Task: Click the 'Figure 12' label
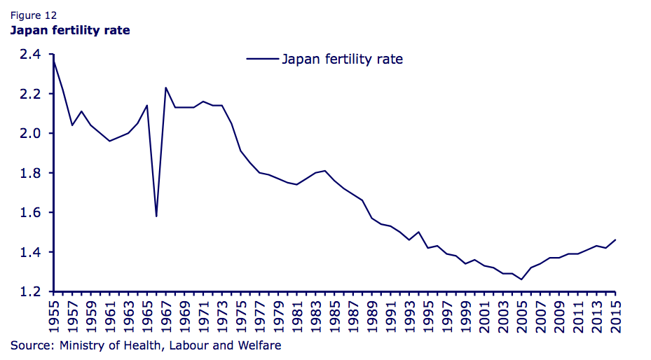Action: pyautogui.click(x=33, y=15)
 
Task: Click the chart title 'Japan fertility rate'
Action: pyautogui.click(x=69, y=30)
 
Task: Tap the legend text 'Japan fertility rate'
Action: pyautogui.click(x=342, y=59)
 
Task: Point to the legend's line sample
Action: pyautogui.click(x=262, y=59)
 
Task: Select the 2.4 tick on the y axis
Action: pyautogui.click(x=29, y=55)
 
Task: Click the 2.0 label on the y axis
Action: pyautogui.click(x=29, y=134)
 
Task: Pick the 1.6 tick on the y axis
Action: pyautogui.click(x=29, y=213)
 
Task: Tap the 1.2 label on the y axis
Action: pyautogui.click(x=29, y=291)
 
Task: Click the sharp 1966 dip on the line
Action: pyautogui.click(x=156, y=216)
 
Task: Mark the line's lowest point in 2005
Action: pyautogui.click(x=521, y=279)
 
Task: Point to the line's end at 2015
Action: pyautogui.click(x=615, y=240)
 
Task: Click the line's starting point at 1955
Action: pyautogui.click(x=53, y=60)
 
